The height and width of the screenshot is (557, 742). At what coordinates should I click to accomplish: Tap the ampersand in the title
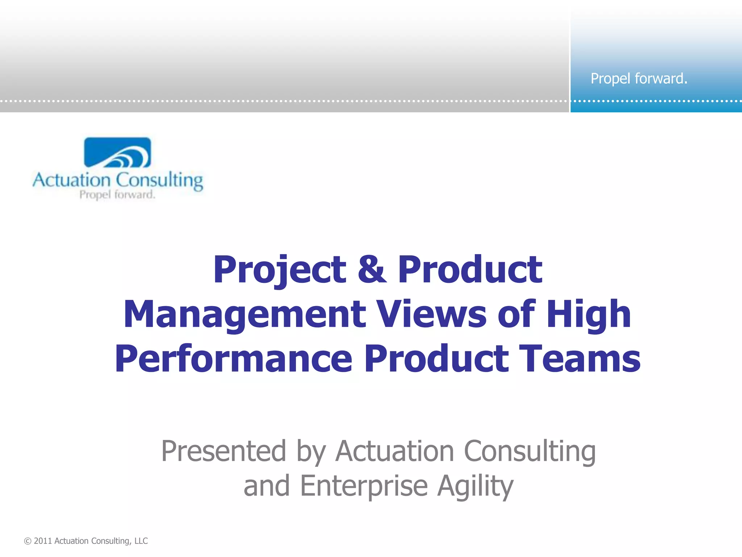click(372, 270)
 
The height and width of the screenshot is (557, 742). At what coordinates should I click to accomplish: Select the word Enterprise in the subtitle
click(364, 486)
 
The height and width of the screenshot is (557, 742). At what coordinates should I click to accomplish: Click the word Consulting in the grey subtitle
click(530, 451)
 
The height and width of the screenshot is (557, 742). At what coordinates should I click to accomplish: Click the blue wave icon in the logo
click(117, 153)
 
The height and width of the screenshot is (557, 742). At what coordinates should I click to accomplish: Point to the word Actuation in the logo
click(71, 180)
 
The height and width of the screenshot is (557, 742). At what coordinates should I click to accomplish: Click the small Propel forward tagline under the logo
click(117, 195)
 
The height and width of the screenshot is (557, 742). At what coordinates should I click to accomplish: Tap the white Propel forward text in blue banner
click(639, 79)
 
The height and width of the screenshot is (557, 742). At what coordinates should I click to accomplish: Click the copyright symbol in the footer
click(28, 541)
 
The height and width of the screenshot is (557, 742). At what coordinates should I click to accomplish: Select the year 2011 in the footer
click(43, 541)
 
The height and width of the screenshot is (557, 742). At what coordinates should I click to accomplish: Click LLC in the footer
click(141, 541)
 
